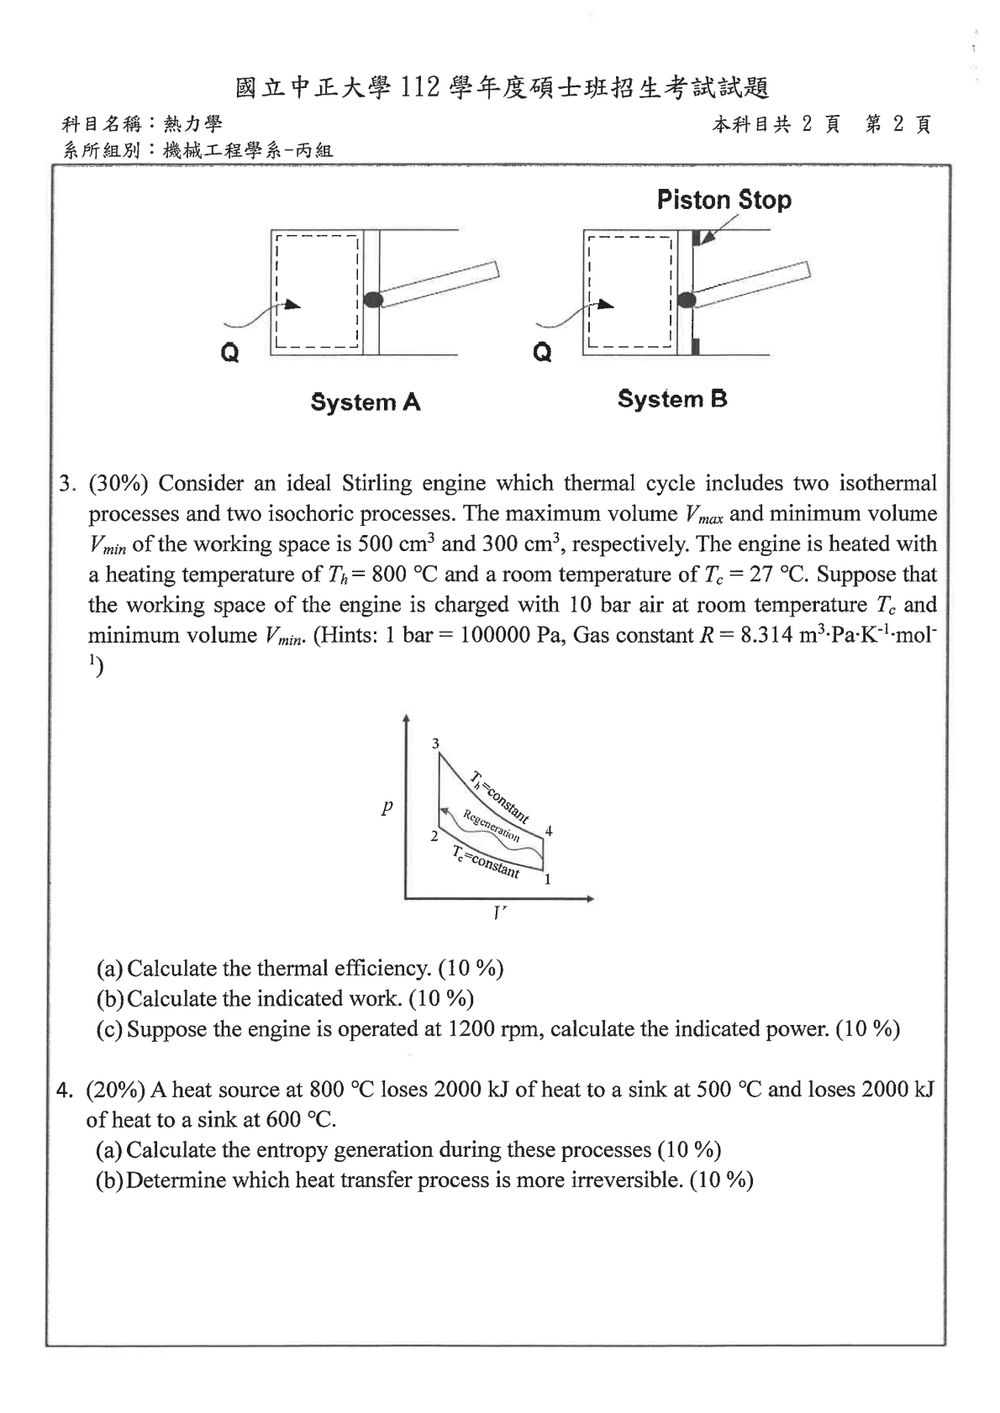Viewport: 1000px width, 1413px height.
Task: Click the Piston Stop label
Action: (724, 200)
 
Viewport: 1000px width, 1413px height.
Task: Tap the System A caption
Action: (365, 402)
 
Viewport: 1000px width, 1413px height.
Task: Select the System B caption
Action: (673, 399)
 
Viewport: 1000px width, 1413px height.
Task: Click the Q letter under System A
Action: (230, 352)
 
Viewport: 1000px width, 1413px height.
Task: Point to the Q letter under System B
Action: (543, 351)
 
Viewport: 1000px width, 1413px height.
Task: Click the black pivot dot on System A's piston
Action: (373, 299)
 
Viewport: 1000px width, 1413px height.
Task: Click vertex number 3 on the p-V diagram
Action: (435, 744)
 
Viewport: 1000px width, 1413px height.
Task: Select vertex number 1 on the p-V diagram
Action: (548, 879)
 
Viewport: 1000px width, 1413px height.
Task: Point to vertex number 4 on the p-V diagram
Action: (549, 831)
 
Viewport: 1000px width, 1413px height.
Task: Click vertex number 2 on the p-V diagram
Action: (434, 836)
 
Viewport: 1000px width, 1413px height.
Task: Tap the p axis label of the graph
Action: (387, 806)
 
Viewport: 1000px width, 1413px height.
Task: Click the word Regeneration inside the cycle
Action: (491, 825)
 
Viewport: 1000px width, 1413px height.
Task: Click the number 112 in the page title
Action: (420, 88)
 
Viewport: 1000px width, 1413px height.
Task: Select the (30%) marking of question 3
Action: (118, 484)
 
